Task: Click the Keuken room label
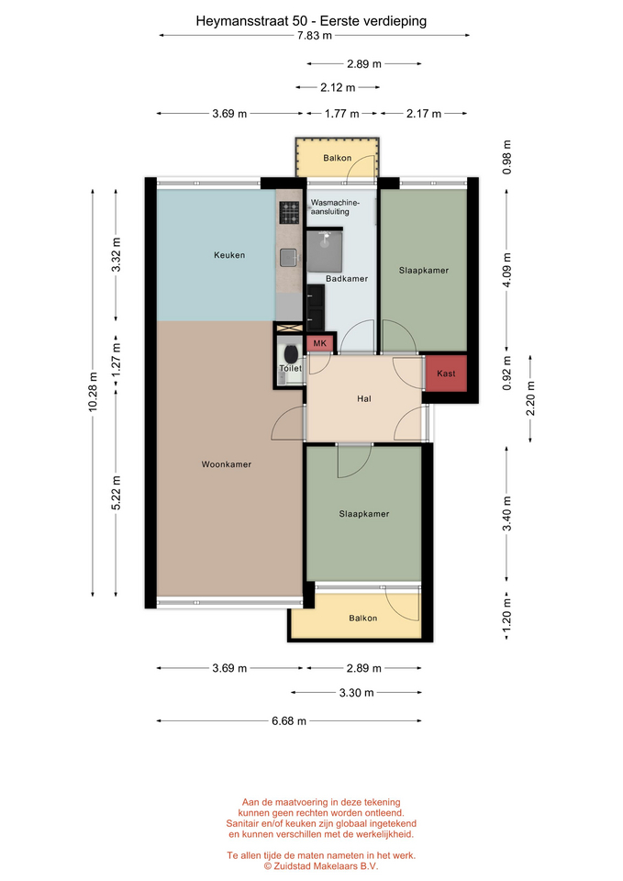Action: coord(229,255)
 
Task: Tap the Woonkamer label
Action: coord(227,464)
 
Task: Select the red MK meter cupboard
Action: coord(319,343)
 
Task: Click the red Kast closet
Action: coord(446,374)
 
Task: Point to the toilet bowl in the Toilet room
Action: coord(291,354)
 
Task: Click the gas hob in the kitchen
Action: coord(289,213)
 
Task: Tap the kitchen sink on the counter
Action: coord(289,257)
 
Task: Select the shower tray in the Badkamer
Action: coord(324,251)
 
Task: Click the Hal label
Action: coord(364,399)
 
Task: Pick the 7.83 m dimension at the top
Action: coord(315,36)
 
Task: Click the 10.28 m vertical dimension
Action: coord(93,392)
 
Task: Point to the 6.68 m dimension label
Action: coord(289,721)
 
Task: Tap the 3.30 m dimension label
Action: coord(356,693)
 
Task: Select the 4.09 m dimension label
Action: coord(506,270)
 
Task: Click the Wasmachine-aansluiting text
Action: coord(336,207)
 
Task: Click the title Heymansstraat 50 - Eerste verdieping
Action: coord(311,21)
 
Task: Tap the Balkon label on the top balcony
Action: coord(337,158)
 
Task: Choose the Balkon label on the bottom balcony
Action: coord(363,618)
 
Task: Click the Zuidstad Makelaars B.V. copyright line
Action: coord(321,866)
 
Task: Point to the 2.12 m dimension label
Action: coord(339,88)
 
